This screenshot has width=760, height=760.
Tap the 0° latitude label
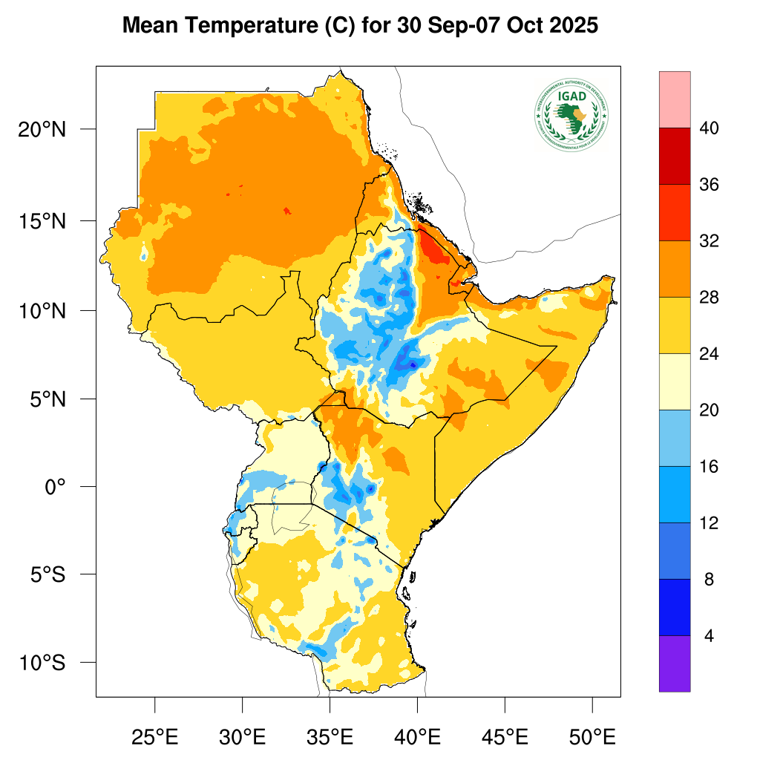[x=56, y=487]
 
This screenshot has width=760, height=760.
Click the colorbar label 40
[x=709, y=128]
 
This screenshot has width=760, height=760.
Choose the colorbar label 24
[x=709, y=354]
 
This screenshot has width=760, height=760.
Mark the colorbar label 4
[x=709, y=636]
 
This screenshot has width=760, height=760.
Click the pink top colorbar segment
[x=675, y=99]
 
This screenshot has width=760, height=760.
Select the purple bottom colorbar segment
[x=675, y=664]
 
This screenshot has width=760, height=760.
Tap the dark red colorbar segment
[x=675, y=156]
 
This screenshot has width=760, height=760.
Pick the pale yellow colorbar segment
[x=675, y=381]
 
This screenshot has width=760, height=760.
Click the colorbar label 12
[x=709, y=523]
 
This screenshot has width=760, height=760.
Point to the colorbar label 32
[x=709, y=241]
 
